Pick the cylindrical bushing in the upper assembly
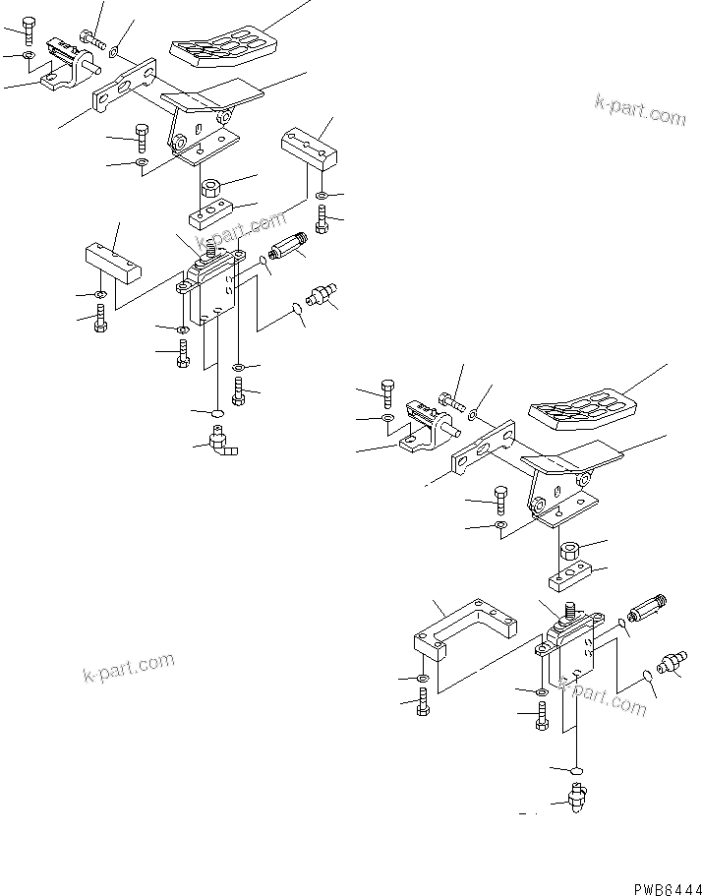pyautogui.click(x=210, y=187)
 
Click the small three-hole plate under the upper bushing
pyautogui.click(x=210, y=212)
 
